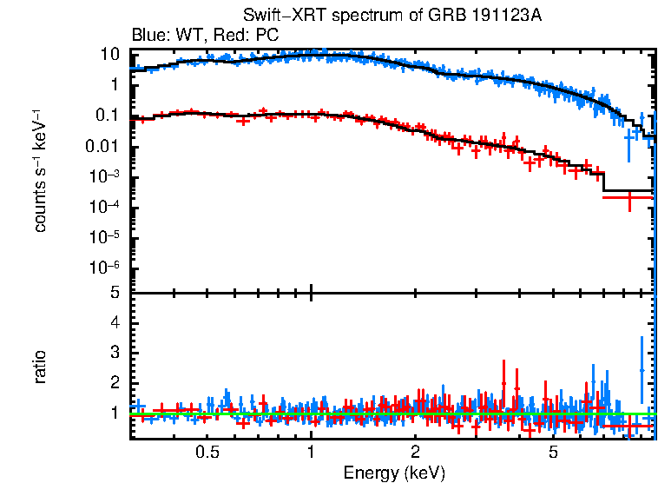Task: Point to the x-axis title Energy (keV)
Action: click(x=393, y=473)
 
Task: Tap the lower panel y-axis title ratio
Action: click(x=40, y=367)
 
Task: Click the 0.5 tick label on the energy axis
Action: click(x=207, y=452)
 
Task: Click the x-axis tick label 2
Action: click(x=416, y=452)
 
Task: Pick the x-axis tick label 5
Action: click(x=553, y=452)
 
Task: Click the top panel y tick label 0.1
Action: click(x=107, y=116)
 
